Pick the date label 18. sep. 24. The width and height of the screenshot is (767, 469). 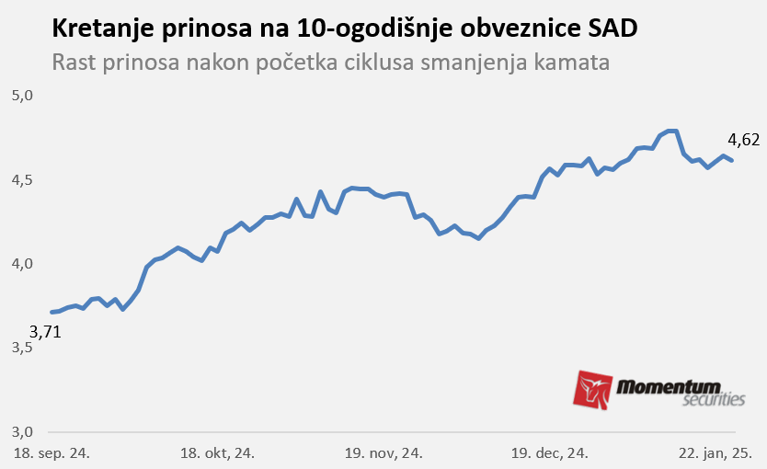tap(51, 453)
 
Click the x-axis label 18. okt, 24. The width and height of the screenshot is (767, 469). tap(217, 453)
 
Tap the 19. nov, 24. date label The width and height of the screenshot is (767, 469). tap(383, 453)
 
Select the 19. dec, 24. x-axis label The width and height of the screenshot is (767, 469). tap(550, 453)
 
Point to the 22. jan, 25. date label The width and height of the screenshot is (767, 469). tap(714, 453)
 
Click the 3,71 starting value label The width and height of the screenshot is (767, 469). tap(45, 332)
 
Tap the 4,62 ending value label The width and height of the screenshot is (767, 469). tap(743, 140)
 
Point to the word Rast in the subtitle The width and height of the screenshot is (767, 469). tap(74, 63)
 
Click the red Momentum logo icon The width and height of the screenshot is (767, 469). tap(593, 390)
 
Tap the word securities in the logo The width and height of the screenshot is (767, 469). tap(714, 400)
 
